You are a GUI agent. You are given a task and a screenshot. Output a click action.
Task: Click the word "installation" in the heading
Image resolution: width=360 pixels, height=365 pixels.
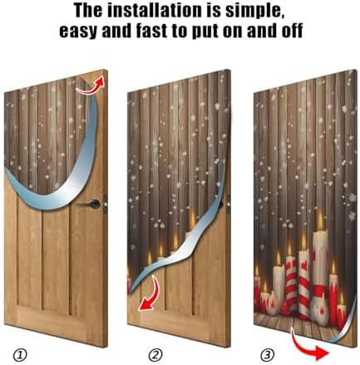pos(154,11)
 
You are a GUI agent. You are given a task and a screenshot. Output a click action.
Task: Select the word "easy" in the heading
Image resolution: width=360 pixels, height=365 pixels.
pos(80,31)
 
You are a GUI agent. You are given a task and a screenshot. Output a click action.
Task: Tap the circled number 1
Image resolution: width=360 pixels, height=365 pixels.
pos(21,355)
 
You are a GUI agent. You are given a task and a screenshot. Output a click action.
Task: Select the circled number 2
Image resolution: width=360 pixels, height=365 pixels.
pos(155,355)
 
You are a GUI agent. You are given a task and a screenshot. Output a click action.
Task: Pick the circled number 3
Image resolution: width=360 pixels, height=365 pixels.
pos(268,355)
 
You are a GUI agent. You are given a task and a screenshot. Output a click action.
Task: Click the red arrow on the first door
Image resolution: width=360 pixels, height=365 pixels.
pos(91,86)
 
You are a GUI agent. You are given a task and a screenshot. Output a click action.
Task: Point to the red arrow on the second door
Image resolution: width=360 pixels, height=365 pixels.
pos(151,293)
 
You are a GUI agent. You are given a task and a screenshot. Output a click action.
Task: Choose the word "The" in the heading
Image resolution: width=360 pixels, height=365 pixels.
pos(88,11)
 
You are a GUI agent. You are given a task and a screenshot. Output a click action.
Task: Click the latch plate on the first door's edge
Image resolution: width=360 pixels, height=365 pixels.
pos(106,205)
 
